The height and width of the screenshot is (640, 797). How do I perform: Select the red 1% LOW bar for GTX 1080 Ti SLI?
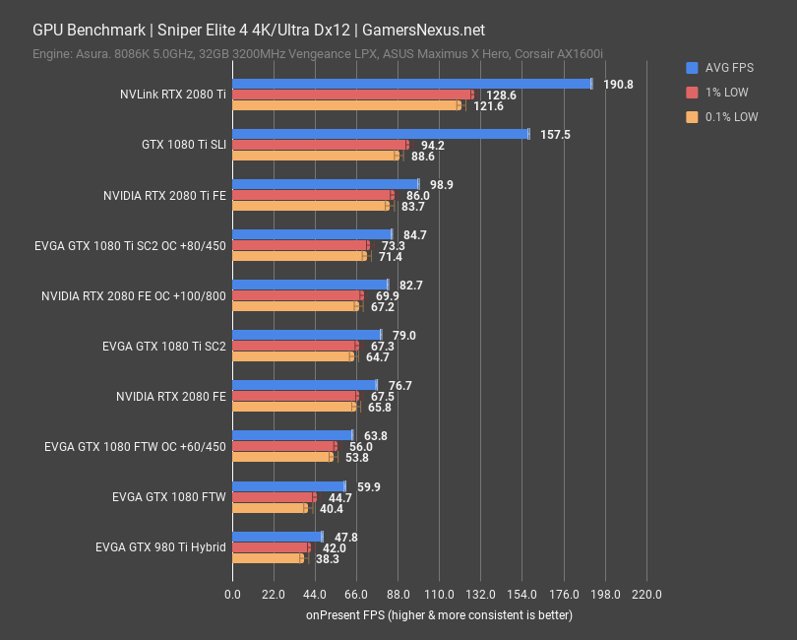(320, 145)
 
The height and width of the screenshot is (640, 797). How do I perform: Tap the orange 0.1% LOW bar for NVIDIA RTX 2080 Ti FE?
(311, 206)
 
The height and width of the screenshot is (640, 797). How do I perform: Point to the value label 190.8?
(618, 85)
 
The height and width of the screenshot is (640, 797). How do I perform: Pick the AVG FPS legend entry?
(721, 68)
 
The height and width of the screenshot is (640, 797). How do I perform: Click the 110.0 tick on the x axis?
(439, 595)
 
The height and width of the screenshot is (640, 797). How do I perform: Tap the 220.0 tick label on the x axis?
(646, 595)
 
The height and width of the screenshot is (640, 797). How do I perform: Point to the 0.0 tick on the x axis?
(232, 595)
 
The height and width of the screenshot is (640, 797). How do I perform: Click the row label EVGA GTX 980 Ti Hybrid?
(160, 546)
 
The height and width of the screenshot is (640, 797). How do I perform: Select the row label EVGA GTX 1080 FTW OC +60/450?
(135, 446)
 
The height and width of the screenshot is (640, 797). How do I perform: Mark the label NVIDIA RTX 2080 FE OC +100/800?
(134, 295)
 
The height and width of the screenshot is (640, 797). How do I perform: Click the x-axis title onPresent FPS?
(438, 615)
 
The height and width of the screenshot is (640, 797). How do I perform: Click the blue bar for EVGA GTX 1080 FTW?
(288, 485)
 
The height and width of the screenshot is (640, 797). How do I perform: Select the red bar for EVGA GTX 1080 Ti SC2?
(295, 346)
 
